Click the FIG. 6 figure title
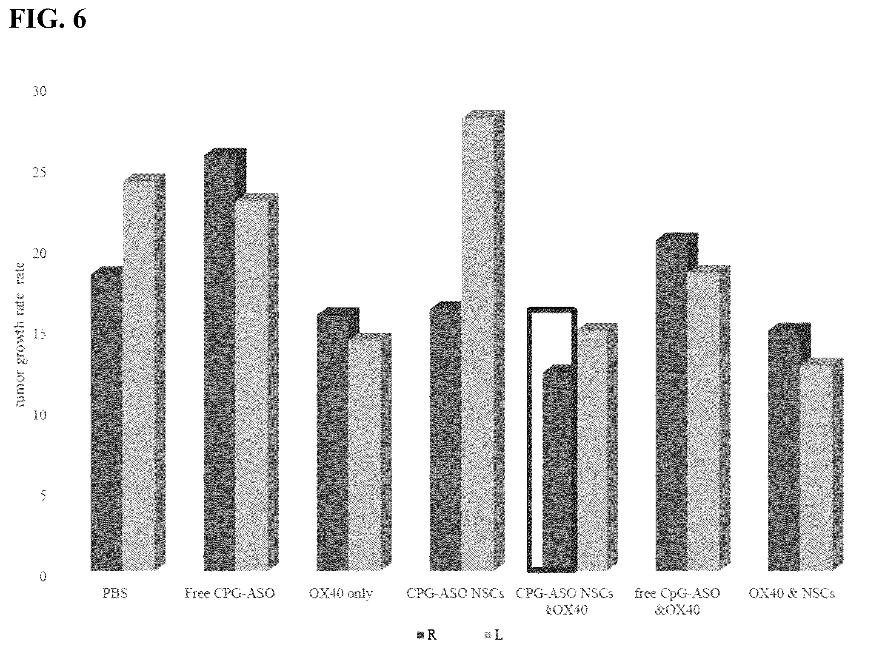48,19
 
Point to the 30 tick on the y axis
40,91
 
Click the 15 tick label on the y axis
40,334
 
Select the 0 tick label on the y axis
43,577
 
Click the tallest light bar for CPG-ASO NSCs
483,341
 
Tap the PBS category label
115,593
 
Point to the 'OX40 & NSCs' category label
792,593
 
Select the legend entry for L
494,635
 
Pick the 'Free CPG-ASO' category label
230,593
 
